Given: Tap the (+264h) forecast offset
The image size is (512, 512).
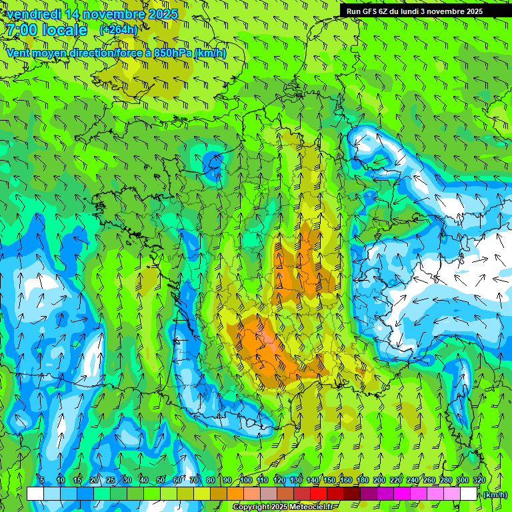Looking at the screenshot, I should pos(119,29).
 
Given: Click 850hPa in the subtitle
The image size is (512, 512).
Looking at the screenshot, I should pos(171,53).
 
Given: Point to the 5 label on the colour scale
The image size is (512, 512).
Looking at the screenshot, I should pos(42,480).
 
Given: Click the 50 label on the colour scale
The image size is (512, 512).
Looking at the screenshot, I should pos(161,480).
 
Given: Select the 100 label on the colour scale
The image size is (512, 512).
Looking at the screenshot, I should pos(246,480).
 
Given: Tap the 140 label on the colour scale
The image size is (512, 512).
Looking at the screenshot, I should pos(313,480).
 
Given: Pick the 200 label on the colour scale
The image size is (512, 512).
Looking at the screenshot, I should pos(379,480).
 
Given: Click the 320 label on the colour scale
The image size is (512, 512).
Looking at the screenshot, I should pos(479,480).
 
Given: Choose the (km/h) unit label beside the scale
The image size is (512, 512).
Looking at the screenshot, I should pos(495,495).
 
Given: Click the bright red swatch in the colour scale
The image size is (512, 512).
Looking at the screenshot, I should pos(319,493).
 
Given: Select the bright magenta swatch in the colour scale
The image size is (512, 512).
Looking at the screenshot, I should pos(402,493).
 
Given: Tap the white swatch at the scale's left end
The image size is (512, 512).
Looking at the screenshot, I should pos(35,493).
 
